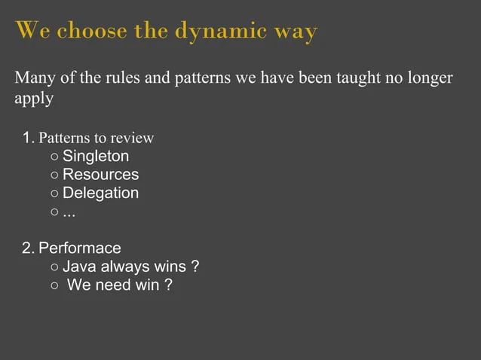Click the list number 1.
tap(28, 138)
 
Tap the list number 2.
tap(28, 248)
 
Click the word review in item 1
tap(133, 138)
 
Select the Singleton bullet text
tap(96, 157)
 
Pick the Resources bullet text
tap(100, 175)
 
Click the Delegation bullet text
tap(100, 193)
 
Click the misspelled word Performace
tap(80, 248)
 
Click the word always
tap(123, 267)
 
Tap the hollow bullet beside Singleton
tap(56, 157)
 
